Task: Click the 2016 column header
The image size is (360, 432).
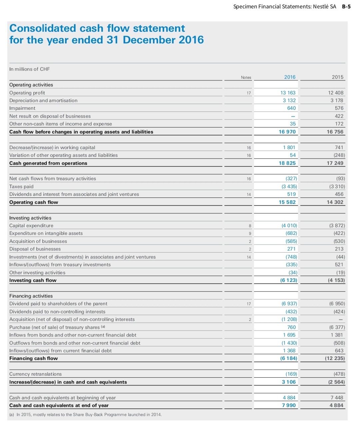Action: pos(290,77)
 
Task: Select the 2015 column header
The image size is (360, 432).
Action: pos(337,77)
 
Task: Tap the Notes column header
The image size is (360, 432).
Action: pos(246,77)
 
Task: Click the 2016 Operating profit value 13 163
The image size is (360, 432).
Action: pos(288,93)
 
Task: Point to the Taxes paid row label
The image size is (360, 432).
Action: pos(21,186)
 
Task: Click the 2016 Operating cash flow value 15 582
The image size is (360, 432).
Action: pos(287,202)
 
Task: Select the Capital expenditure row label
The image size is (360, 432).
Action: pos(31,226)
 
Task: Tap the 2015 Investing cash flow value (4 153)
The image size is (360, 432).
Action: pos(336,280)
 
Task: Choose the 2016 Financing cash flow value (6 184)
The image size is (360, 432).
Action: pos(289,358)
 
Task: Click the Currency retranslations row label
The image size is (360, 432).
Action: pos(35,374)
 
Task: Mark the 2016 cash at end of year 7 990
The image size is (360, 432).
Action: pos(289,405)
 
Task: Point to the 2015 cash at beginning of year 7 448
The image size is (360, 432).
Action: pos(337,398)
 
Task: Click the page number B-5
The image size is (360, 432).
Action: pos(346,7)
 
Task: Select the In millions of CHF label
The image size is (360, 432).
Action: pos(29,69)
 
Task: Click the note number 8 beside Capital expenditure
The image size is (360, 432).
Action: pos(250,226)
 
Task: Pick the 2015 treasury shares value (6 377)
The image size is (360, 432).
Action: pos(337,327)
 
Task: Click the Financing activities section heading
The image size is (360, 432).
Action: pos(31,296)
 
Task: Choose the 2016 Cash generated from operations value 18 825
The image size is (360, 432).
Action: pos(287,163)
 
